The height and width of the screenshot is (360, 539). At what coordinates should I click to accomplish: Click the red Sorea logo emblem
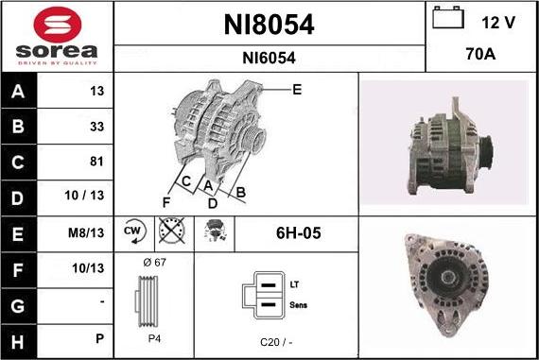coord(58,25)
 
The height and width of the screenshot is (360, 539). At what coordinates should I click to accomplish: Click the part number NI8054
coord(269,25)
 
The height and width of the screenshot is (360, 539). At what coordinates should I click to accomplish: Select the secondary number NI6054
coord(269,58)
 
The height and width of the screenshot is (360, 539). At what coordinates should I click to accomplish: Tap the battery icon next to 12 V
coord(448,18)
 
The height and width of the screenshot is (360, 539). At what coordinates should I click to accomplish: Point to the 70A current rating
coord(480,54)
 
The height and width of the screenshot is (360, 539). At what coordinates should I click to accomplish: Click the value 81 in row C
coord(96,162)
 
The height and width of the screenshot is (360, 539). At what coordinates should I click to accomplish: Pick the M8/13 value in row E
coord(86,232)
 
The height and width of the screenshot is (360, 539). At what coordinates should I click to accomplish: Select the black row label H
coord(18,342)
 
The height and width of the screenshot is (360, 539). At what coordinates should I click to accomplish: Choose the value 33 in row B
coord(96,127)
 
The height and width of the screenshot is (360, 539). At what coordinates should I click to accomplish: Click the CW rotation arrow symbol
coord(134,231)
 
